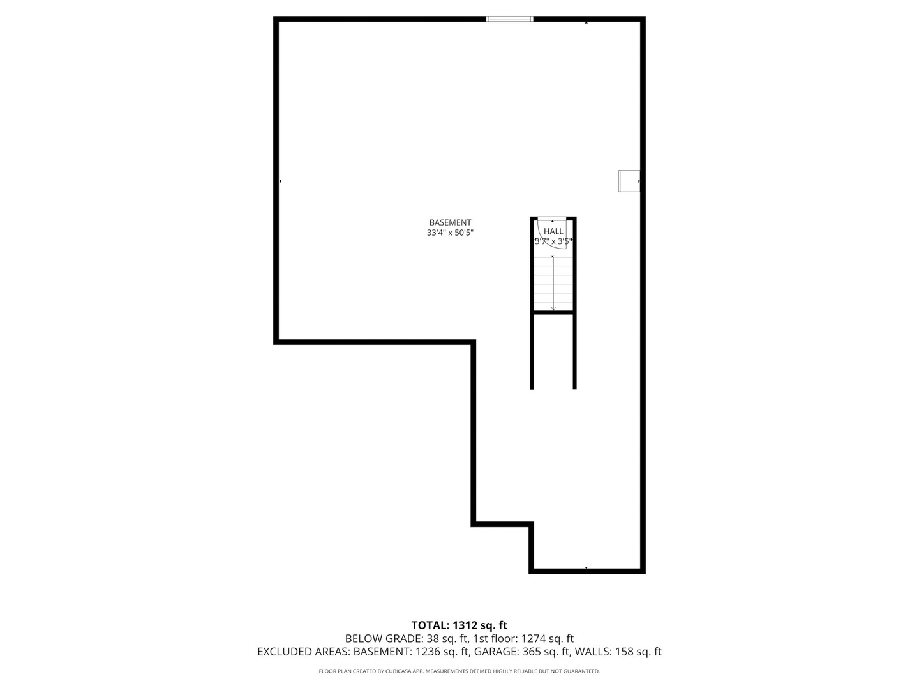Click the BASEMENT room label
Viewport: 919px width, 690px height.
(450, 222)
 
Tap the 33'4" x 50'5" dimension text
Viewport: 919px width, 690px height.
(450, 233)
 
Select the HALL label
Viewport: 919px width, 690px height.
(553, 231)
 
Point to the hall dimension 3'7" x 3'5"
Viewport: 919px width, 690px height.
(553, 242)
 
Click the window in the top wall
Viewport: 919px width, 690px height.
(509, 19)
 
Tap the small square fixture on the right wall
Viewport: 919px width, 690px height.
(629, 181)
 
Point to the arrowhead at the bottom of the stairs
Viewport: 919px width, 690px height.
(553, 309)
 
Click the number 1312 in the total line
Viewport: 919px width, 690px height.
(464, 625)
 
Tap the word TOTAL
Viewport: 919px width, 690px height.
(430, 625)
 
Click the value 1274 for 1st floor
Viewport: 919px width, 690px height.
(534, 638)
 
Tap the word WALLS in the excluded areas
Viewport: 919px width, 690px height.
(593, 652)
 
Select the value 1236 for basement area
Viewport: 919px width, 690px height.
(428, 652)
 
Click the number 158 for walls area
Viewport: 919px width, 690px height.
(626, 652)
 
